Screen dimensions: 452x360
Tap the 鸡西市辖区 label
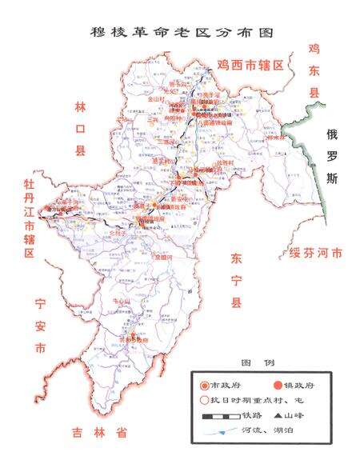[x=250, y=64]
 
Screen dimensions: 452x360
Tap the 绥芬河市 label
[x=314, y=254]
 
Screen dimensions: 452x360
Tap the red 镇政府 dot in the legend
[x=267, y=385]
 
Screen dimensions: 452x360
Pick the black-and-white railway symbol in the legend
[x=218, y=417]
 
